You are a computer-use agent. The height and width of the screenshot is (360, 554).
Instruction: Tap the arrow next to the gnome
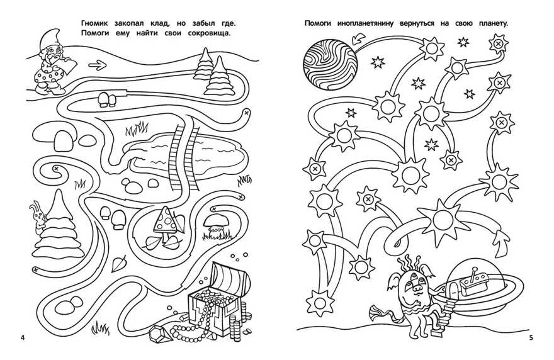[97, 65]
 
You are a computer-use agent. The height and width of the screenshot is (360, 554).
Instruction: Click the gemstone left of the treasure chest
[158, 332]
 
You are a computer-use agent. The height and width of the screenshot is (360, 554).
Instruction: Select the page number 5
[531, 338]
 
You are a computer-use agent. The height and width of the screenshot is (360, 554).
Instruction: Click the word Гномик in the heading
[94, 24]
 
